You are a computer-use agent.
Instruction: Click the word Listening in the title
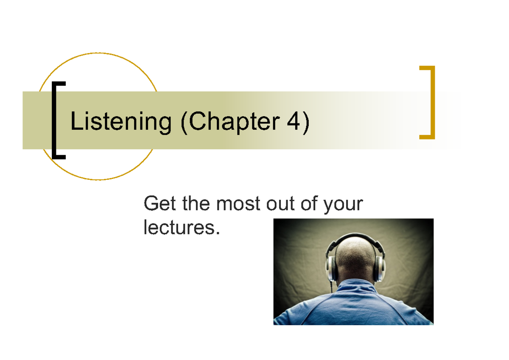[120, 122]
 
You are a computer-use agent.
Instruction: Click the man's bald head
[355, 257]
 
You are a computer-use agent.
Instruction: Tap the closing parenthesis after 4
[305, 122]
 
